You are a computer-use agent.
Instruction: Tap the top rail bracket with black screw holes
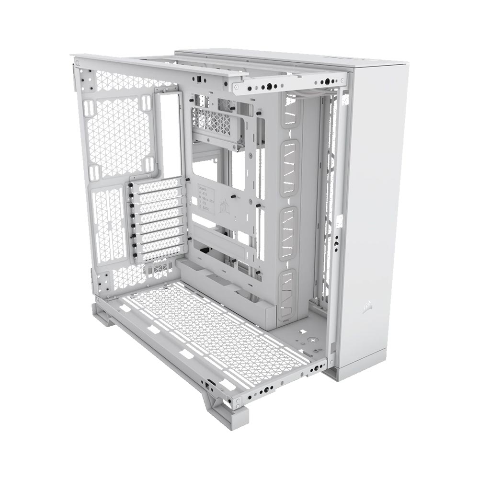click(x=287, y=86)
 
